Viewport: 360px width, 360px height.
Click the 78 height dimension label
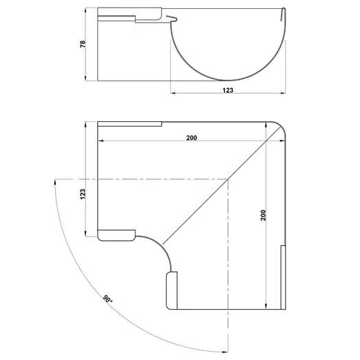pos(83,43)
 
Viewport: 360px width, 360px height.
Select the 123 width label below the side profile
pos(227,90)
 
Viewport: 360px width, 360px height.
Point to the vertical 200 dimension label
pos(262,215)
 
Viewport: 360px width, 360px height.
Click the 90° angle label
pos(107,299)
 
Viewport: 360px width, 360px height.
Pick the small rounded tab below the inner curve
pos(171,289)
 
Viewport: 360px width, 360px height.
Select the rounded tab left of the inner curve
pos(116,235)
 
